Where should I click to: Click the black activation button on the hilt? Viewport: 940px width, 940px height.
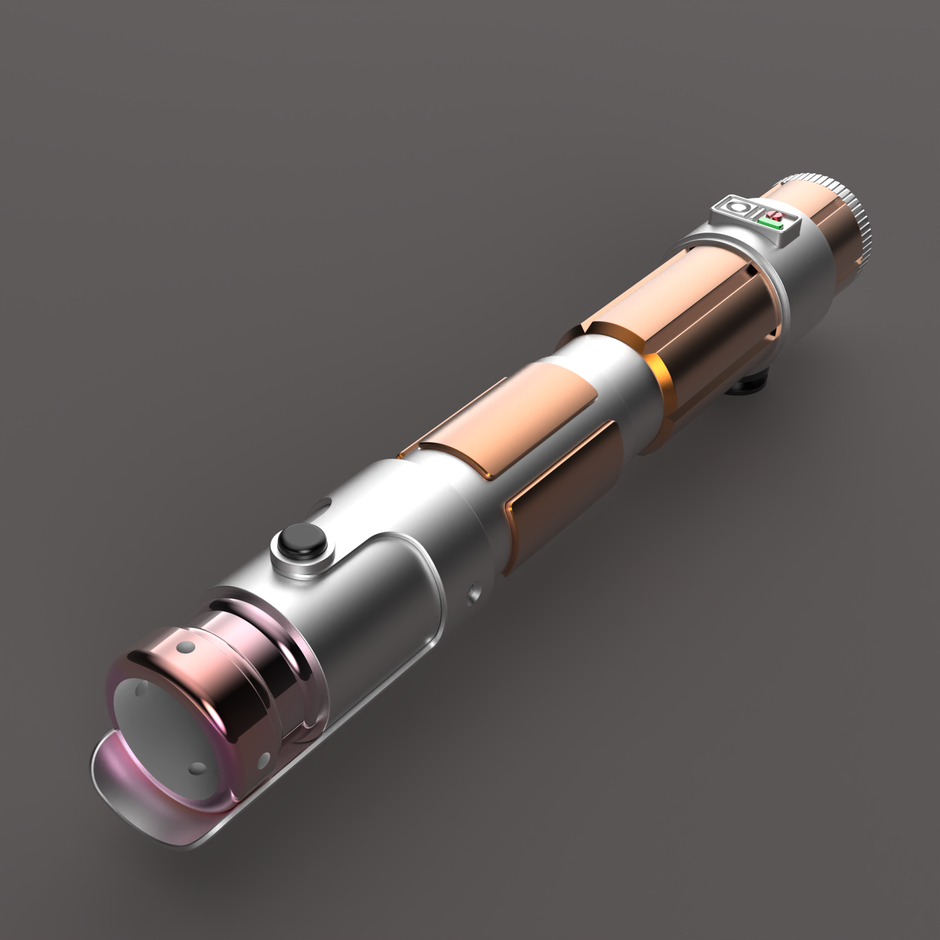point(302,541)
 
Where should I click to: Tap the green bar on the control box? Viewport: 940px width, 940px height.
point(772,223)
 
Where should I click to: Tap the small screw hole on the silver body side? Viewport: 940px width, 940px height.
point(473,597)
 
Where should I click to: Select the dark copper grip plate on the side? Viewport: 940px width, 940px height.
point(560,490)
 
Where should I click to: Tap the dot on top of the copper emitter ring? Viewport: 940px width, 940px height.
point(185,647)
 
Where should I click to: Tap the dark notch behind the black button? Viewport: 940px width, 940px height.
point(322,506)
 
